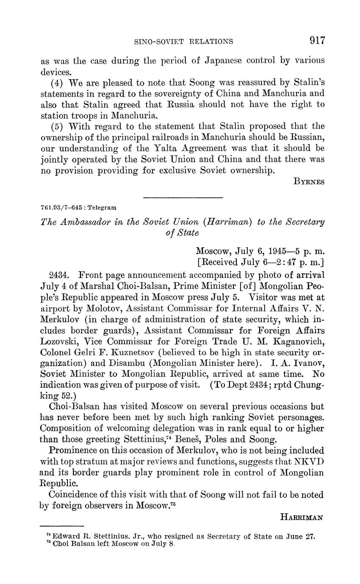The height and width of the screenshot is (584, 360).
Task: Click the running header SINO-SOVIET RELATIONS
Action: pos(183,42)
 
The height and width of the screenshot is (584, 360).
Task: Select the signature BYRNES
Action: pos(309,182)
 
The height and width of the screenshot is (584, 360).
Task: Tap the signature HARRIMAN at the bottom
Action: pos(302,517)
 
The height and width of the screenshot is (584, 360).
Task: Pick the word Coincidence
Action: pos(75,495)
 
